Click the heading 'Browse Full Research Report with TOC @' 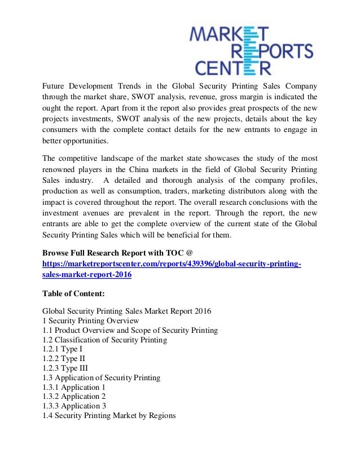(118, 252)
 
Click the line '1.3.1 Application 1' (74, 387)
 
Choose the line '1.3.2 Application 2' (74, 397)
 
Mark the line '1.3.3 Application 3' (74, 406)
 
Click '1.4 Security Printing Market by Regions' (109, 416)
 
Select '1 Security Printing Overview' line (90, 320)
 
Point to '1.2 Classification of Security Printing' (105, 339)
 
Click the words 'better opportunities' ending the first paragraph (77, 141)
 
